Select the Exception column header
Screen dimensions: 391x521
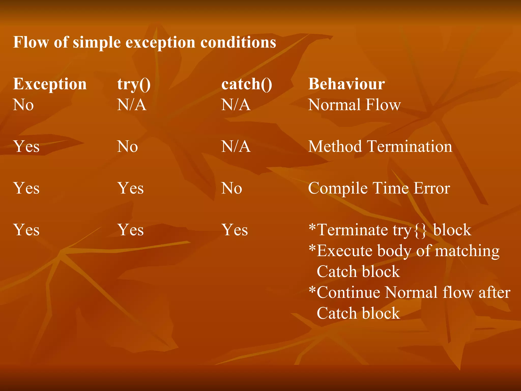[50, 84]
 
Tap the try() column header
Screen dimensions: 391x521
[134, 84]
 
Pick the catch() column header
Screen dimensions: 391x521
[247, 84]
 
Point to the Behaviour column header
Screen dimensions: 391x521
[346, 84]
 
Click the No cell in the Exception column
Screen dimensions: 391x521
[23, 105]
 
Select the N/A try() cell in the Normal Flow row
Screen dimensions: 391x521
[132, 105]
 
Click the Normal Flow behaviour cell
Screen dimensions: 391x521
[354, 105]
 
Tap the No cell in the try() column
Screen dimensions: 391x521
[127, 146]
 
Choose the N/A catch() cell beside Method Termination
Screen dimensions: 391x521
[236, 146]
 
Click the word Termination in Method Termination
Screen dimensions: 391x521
[410, 146]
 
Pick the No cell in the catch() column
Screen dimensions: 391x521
[231, 188]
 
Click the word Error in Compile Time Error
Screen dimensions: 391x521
[432, 188]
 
